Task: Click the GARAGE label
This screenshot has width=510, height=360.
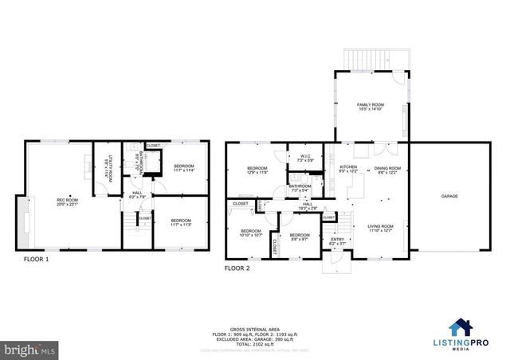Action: click(x=450, y=195)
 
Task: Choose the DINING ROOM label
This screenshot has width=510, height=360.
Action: click(x=387, y=168)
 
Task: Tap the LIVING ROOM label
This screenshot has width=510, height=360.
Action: click(x=381, y=228)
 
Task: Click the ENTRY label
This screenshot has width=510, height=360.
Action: click(x=338, y=239)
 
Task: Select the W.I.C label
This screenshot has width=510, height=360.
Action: click(x=305, y=157)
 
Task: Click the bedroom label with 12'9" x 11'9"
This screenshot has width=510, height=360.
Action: click(x=257, y=169)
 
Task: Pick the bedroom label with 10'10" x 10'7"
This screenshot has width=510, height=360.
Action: click(x=251, y=232)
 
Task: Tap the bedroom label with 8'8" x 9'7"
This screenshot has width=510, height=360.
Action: click(x=299, y=236)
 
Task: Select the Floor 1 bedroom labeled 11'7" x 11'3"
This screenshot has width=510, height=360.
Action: click(x=180, y=221)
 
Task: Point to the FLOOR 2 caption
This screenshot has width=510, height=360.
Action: click(x=237, y=268)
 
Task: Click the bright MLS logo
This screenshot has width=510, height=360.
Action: click(x=29, y=349)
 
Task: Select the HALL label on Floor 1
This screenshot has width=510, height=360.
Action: click(x=136, y=194)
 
